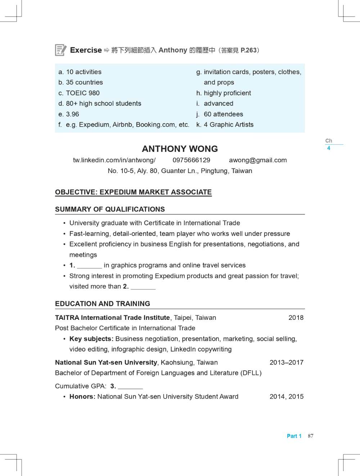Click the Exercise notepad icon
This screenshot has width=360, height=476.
pyautogui.click(x=60, y=50)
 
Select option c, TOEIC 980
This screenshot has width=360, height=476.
pyautogui.click(x=79, y=93)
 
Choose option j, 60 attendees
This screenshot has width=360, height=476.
pyautogui.click(x=220, y=114)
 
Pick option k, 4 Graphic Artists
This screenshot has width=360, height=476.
pyautogui.click(x=225, y=124)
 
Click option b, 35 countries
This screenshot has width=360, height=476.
pyautogui.click(x=81, y=82)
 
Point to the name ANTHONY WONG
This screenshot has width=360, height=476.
pyautogui.click(x=180, y=149)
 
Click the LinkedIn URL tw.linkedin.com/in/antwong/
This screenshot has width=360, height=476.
pyautogui.click(x=114, y=160)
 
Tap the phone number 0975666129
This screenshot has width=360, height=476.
pyautogui.click(x=191, y=160)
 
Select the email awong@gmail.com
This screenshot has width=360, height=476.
pyautogui.click(x=258, y=160)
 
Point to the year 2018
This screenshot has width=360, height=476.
pyautogui.click(x=296, y=318)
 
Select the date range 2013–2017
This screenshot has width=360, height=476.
pyautogui.click(x=286, y=362)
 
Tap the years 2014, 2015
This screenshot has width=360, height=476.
pyautogui.click(x=286, y=396)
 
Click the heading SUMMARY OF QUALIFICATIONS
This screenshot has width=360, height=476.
pyautogui.click(x=110, y=209)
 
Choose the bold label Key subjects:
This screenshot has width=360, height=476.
pyautogui.click(x=91, y=339)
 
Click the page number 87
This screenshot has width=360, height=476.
pyautogui.click(x=311, y=436)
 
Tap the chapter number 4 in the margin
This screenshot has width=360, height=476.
pyautogui.click(x=329, y=148)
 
